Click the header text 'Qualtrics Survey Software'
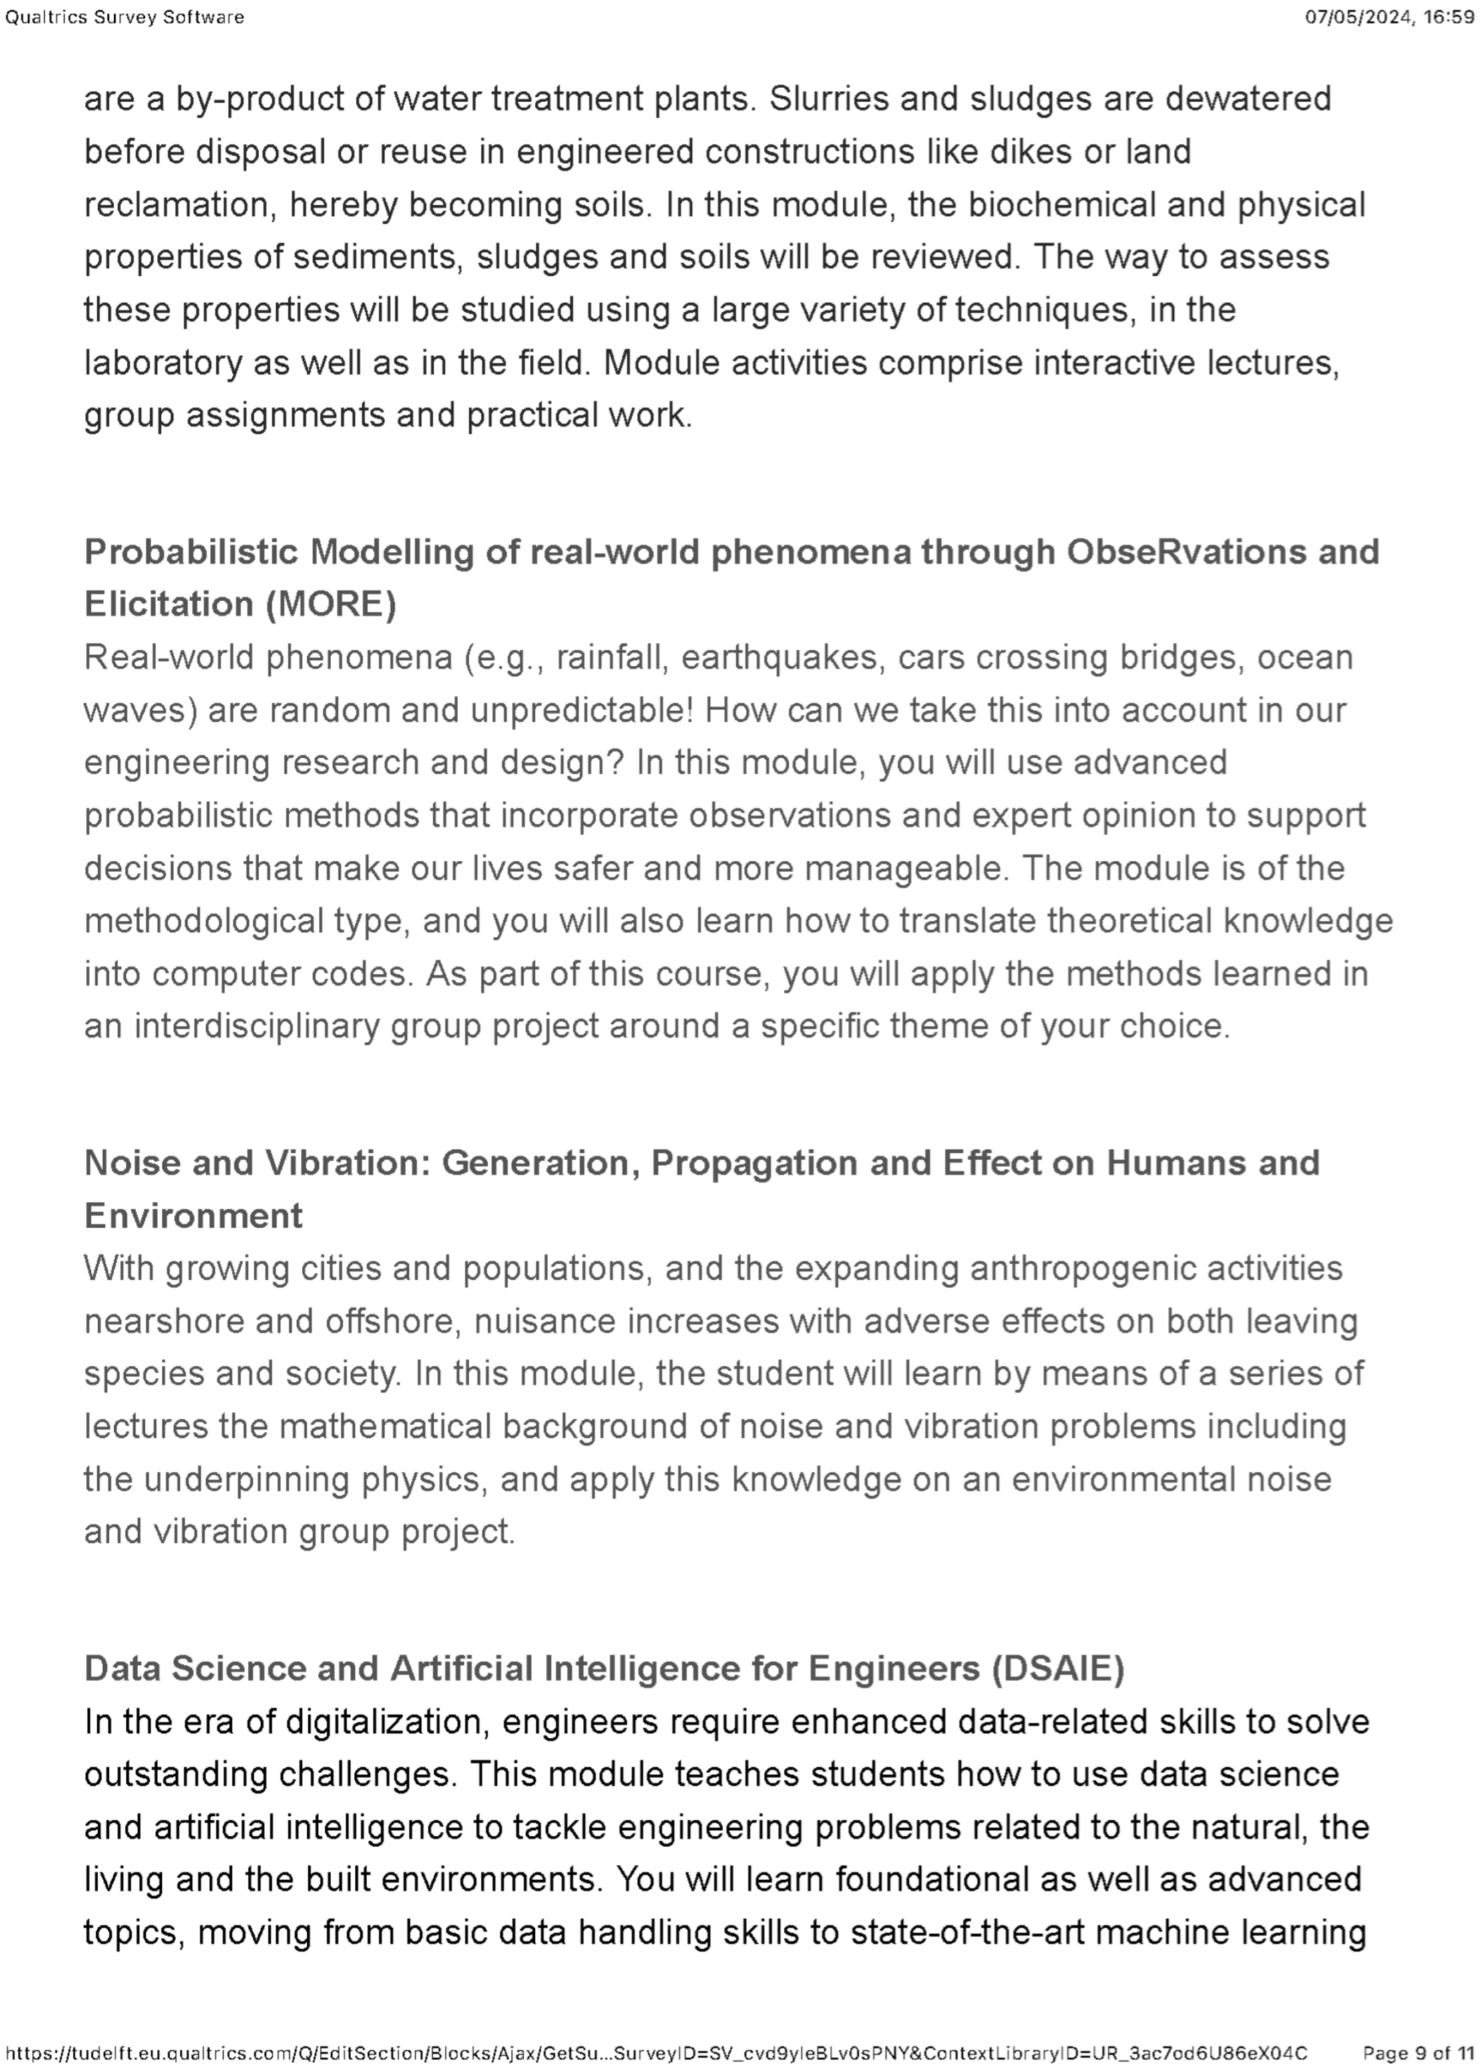click(125, 17)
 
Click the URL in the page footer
click(656, 2052)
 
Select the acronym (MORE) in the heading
click(331, 604)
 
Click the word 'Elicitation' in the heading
click(169, 604)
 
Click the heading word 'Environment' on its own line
click(194, 1215)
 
